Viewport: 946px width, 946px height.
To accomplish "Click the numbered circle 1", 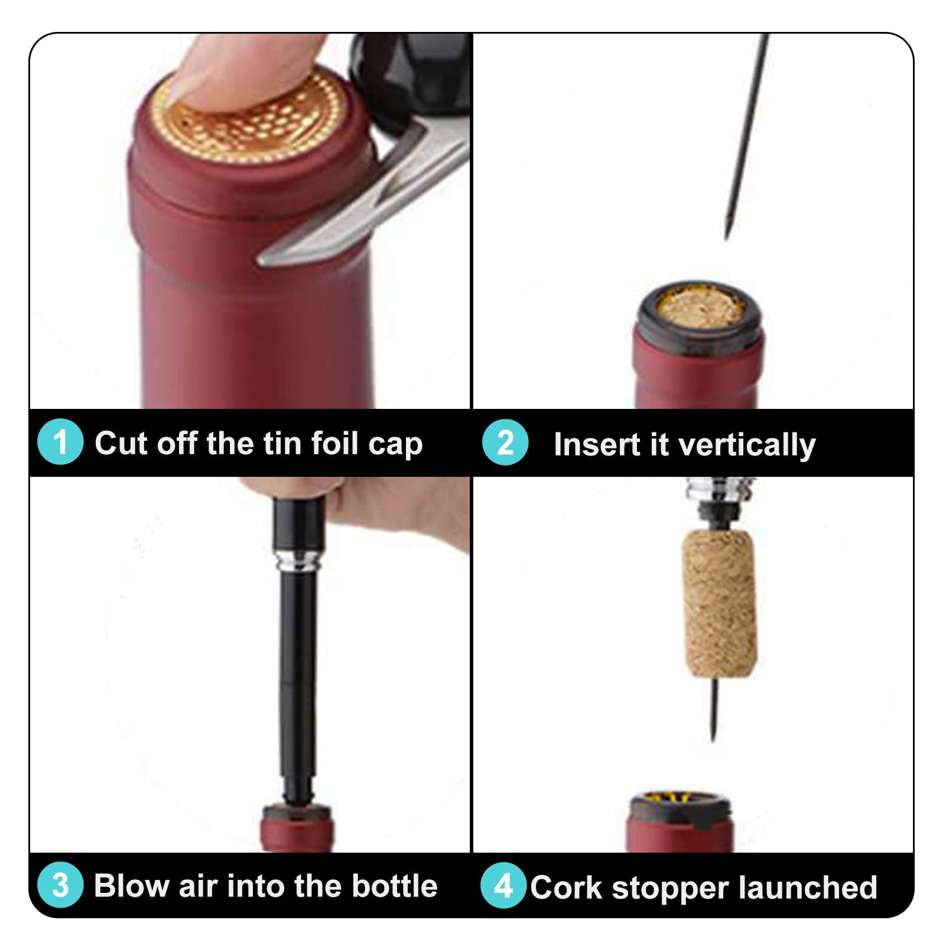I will coord(60,441).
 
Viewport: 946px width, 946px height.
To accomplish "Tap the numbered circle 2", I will coord(505,442).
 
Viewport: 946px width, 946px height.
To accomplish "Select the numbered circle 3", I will coord(60,885).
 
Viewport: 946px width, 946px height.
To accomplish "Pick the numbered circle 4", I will coord(503,885).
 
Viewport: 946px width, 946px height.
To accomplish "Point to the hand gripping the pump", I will coord(378,508).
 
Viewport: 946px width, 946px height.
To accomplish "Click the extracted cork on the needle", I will coord(719,603).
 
